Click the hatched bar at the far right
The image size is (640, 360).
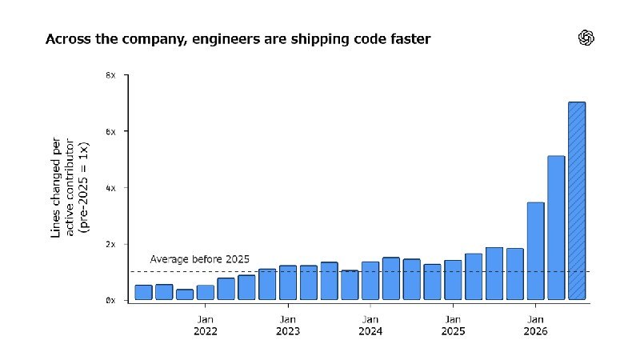pyautogui.click(x=577, y=201)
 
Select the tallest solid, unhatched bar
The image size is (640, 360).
pyautogui.click(x=556, y=228)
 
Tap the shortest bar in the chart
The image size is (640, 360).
pyautogui.click(x=185, y=294)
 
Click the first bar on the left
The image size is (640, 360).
pyautogui.click(x=143, y=292)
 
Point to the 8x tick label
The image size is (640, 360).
pyautogui.click(x=110, y=75)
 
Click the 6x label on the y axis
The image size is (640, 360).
pyautogui.click(x=110, y=131)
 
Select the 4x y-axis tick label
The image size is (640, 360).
pyautogui.click(x=110, y=188)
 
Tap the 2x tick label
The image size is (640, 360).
pyautogui.click(x=110, y=244)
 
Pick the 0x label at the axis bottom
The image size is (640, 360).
pyautogui.click(x=110, y=301)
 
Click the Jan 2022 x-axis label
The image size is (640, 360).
pyautogui.click(x=206, y=326)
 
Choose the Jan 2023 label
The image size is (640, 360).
pyautogui.click(x=288, y=326)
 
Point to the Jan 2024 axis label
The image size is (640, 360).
pyautogui.click(x=370, y=326)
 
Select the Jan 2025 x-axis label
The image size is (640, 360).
pyautogui.click(x=453, y=326)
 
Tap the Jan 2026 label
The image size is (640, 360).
pyautogui.click(x=535, y=326)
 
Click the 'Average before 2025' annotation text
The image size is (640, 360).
pyautogui.click(x=199, y=259)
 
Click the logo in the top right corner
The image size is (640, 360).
pyautogui.click(x=586, y=38)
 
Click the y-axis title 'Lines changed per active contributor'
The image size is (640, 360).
pyautogui.click(x=63, y=187)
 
